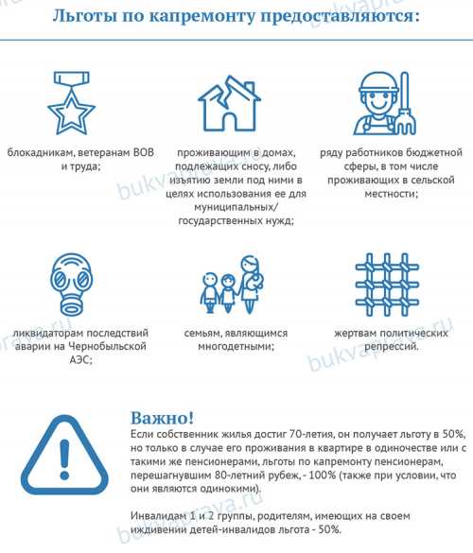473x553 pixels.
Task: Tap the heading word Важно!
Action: (x=163, y=417)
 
